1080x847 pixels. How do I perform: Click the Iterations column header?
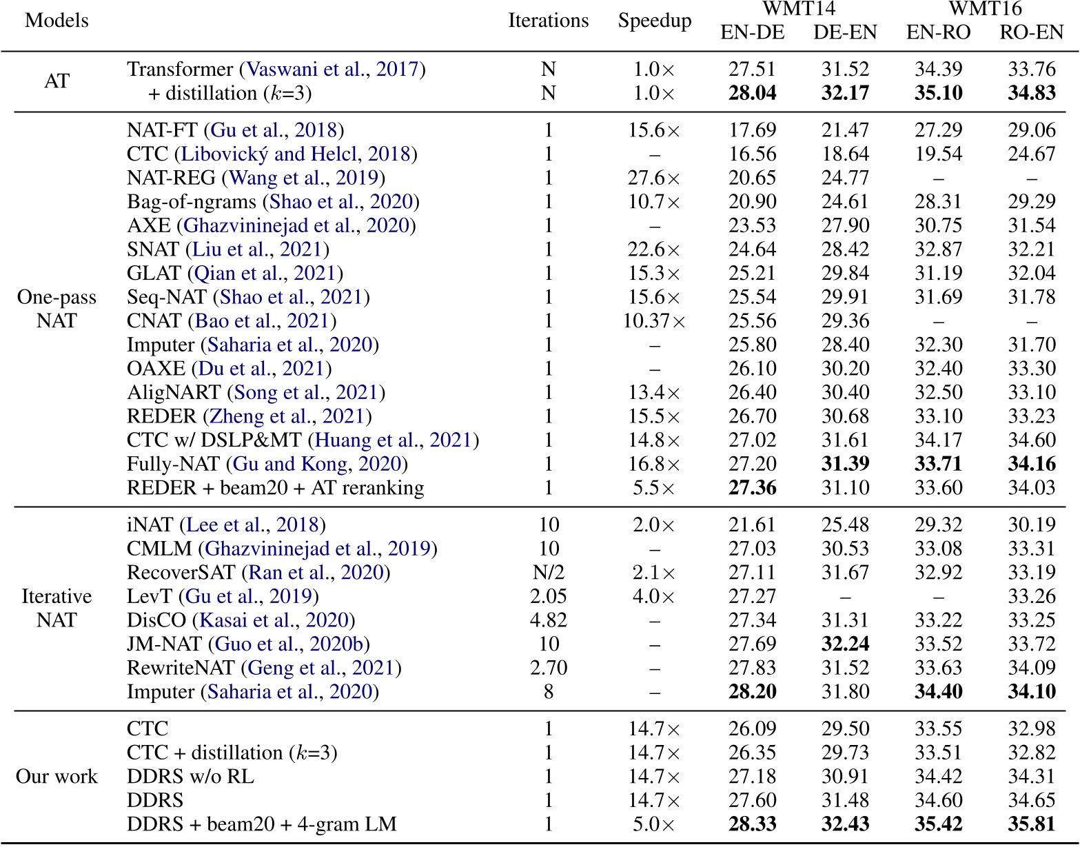point(548,21)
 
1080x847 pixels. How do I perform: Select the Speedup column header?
point(654,21)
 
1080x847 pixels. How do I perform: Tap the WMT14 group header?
point(798,9)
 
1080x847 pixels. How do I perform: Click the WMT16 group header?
point(985,9)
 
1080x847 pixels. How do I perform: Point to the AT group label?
point(57,81)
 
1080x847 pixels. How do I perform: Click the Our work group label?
point(57,777)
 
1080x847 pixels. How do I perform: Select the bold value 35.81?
point(1031,824)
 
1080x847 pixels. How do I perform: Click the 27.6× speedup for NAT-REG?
point(654,178)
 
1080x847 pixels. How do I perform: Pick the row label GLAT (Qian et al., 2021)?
point(235,274)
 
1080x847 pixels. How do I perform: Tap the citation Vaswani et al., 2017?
point(332,70)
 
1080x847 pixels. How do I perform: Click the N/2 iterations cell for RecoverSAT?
point(548,573)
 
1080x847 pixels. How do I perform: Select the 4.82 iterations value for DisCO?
point(548,620)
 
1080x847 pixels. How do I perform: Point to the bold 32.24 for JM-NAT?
point(845,644)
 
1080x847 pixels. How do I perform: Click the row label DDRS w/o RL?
point(190,777)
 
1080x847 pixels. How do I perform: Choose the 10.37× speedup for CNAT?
point(654,321)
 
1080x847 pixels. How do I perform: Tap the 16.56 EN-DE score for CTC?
point(752,154)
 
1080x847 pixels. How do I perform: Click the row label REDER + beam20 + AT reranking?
point(275,488)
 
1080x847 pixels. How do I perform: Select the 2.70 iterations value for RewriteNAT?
point(548,668)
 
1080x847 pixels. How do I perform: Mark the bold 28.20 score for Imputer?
point(752,692)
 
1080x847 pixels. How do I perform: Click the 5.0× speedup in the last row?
point(654,824)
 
